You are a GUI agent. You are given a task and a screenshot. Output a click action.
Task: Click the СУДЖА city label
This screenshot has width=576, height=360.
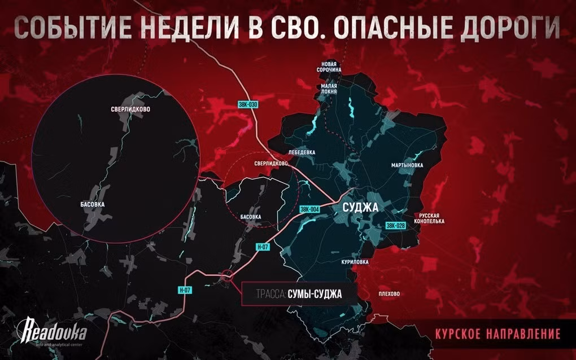[x=360, y=208]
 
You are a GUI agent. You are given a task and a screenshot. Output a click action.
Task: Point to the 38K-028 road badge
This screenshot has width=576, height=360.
[x=396, y=226]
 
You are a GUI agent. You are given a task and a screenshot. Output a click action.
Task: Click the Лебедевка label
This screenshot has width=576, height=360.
[x=302, y=152]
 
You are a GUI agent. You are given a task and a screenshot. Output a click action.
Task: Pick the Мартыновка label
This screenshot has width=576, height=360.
[x=407, y=165]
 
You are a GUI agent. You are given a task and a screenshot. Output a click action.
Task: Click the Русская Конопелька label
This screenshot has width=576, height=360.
[x=433, y=218]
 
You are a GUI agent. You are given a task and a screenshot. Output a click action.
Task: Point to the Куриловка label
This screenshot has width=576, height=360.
[x=355, y=262]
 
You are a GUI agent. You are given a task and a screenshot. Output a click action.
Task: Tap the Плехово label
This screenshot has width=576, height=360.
[x=389, y=294]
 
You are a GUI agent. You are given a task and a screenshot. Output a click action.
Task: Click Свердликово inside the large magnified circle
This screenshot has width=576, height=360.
[x=130, y=109]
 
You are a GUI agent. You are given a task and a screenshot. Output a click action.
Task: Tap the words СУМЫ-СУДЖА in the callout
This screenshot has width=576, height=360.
[x=314, y=294]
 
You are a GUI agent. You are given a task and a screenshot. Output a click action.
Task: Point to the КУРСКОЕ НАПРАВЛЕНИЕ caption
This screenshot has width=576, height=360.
[x=498, y=333]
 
